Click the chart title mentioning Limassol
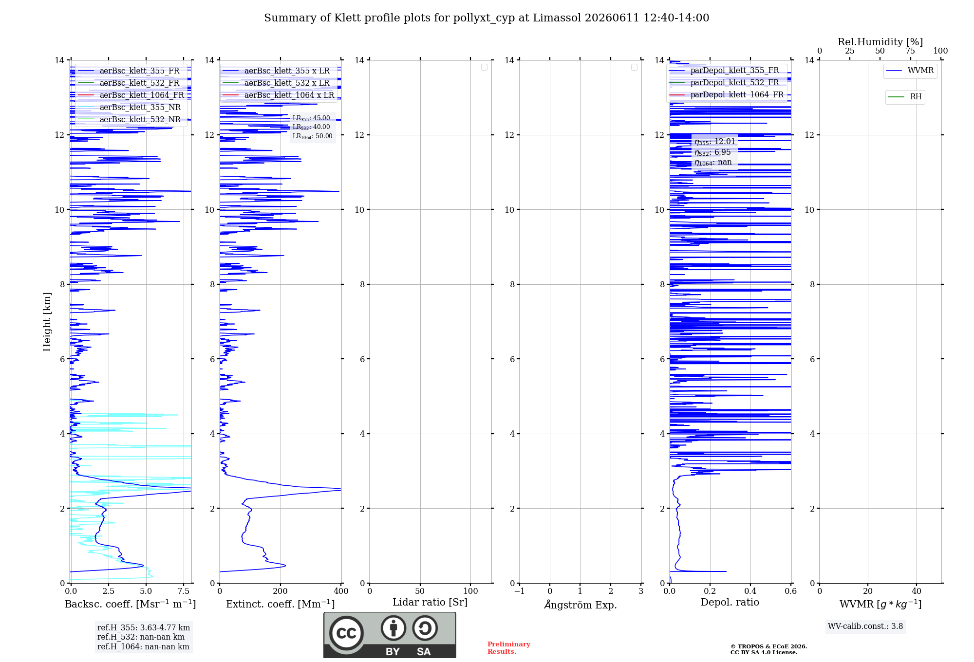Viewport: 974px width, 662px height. pos(487,18)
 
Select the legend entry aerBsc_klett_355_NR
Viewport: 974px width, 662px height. pos(129,107)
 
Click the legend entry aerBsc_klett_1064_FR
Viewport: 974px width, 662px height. pos(130,95)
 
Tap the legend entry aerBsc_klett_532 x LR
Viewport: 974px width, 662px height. pos(276,83)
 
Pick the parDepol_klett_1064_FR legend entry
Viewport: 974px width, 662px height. pos(726,94)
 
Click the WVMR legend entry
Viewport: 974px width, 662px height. pos(910,71)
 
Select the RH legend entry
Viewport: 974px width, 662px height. pos(905,96)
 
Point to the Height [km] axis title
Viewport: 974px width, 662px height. pos(47,322)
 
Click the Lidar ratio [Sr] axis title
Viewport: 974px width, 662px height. pos(430,602)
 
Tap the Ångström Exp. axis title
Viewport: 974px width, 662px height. pos(581,605)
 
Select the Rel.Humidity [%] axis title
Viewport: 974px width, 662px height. pos(880,42)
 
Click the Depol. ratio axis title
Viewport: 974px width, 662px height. pos(730,602)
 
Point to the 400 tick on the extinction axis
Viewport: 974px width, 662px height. pos(341,591)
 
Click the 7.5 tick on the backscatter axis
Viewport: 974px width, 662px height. pos(184,591)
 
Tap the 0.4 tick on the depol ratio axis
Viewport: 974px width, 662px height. pos(750,591)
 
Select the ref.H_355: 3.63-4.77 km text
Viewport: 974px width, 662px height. pos(144,627)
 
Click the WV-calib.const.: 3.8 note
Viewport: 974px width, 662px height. pos(865,626)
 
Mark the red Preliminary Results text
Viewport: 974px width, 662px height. pos(509,648)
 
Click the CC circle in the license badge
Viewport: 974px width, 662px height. pos(346,633)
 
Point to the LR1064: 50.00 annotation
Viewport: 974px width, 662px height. pos(312,136)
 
